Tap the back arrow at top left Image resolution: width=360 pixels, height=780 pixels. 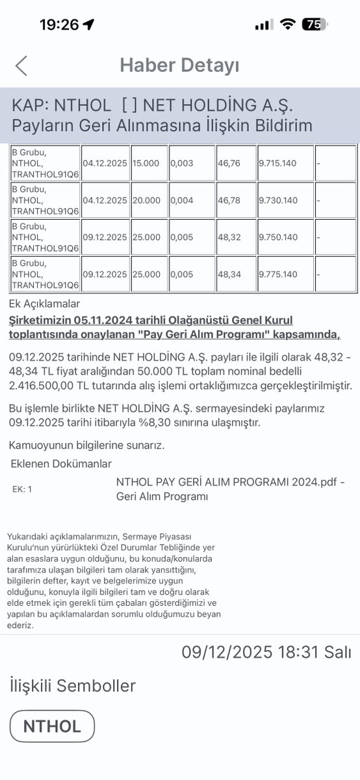coord(21,66)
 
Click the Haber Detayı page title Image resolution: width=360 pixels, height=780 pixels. coord(179,66)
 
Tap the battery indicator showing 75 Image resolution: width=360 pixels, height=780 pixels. coord(315,25)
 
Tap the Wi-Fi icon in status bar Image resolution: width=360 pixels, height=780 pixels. coord(287,25)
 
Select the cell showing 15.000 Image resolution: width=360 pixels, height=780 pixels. coord(146,163)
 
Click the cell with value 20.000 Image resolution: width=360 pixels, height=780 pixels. coord(146,200)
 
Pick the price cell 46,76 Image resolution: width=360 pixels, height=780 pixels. coord(229,163)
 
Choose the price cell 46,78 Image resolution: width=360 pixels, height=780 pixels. coord(229,200)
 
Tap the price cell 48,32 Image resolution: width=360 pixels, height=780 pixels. coord(229,237)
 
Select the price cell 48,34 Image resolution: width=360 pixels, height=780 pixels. coord(229,274)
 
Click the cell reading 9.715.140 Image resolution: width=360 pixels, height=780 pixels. coord(278,163)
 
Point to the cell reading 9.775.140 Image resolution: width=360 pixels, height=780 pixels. coord(278,274)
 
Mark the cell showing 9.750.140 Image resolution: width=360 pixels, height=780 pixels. coord(278,237)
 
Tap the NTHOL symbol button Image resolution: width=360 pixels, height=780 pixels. coord(52,726)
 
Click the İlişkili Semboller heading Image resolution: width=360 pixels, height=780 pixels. coord(73,686)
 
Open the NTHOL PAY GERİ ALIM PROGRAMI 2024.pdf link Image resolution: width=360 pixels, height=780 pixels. coord(230,482)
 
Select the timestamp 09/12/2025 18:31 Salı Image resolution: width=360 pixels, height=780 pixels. coord(266,652)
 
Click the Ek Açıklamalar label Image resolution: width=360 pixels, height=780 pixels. coord(45,304)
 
